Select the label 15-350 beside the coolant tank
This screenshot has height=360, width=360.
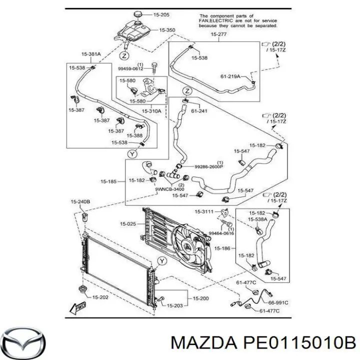(x=167, y=30)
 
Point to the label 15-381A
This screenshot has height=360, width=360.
(x=91, y=53)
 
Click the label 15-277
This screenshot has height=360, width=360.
(x=218, y=34)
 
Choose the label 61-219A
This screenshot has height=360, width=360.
(x=230, y=76)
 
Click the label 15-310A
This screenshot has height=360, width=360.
(x=151, y=111)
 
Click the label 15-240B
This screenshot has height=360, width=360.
(x=80, y=201)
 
